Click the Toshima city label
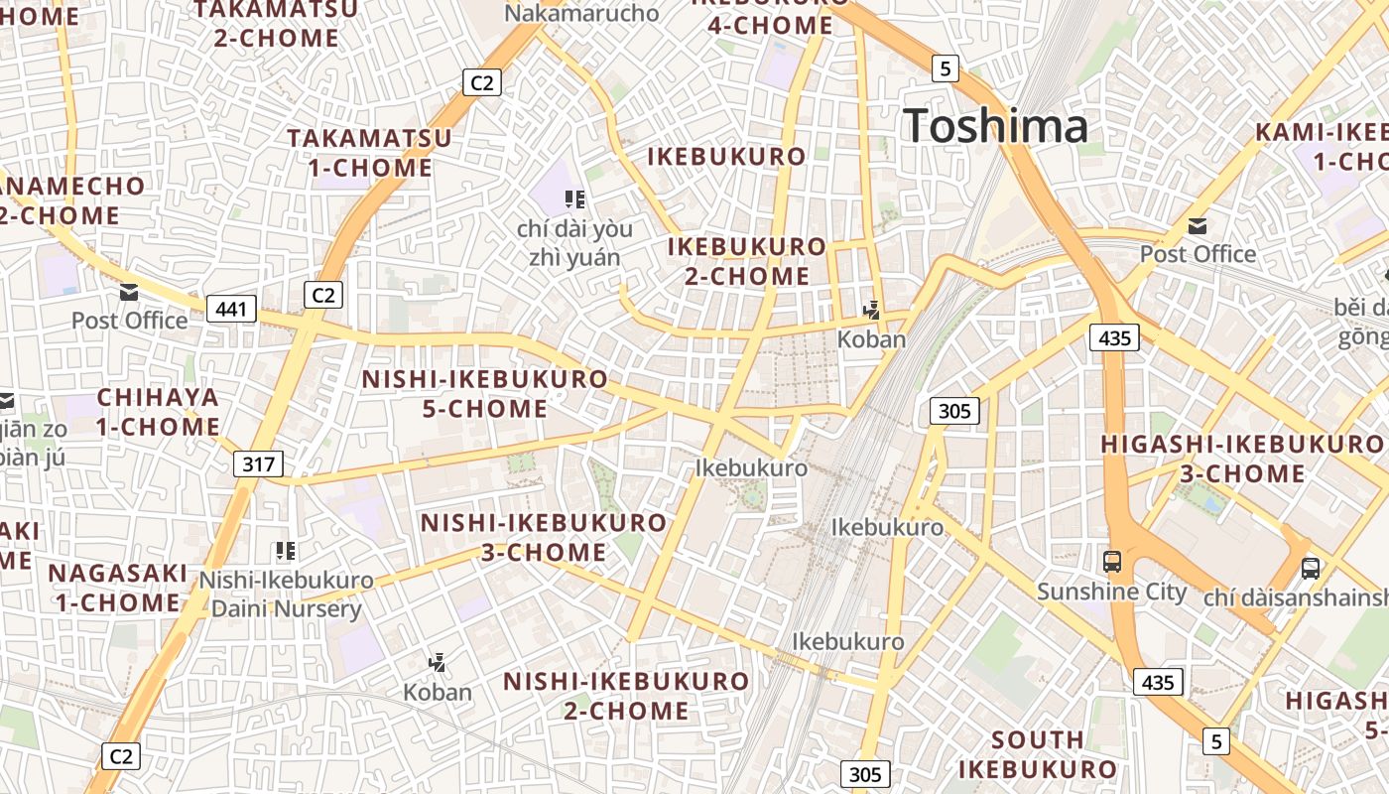[995, 127]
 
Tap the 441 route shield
[231, 310]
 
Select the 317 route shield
[259, 463]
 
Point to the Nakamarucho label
[581, 13]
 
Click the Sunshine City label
[1111, 593]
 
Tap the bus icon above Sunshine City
[1112, 562]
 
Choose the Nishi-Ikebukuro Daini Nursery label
[287, 594]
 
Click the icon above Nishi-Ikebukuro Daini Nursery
[286, 551]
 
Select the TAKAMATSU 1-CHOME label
[369, 153]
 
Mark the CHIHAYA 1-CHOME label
[158, 412]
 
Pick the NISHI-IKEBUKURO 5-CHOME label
[484, 394]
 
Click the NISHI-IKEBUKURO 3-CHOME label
[544, 537]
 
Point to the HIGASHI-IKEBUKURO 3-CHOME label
[1242, 459]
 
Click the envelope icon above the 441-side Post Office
[129, 293]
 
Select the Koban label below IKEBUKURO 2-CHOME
[871, 339]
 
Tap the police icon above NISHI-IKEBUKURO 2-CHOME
[437, 662]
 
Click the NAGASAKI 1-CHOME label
[118, 588]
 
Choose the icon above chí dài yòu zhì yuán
[573, 199]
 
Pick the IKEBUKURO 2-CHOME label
[746, 261]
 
